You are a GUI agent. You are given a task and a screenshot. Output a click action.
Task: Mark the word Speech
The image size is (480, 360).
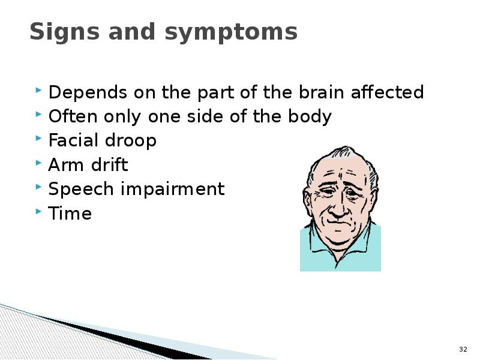coord(81,189)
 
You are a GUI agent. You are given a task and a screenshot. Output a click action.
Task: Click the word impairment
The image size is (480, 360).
coord(173,189)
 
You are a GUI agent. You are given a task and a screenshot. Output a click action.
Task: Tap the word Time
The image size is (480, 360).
coord(70,213)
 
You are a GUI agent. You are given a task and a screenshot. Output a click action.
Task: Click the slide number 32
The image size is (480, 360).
coord(463,349)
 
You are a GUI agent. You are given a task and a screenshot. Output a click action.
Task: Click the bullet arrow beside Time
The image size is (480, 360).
coord(38,211)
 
